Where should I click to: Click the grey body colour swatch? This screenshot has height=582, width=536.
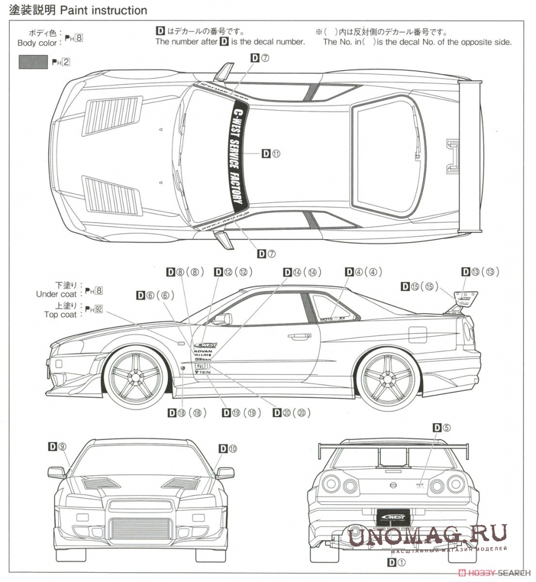(34, 62)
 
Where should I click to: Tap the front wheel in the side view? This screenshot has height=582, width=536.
(136, 377)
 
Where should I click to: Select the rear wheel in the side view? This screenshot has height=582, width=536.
(387, 377)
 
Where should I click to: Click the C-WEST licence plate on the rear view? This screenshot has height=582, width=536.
(393, 515)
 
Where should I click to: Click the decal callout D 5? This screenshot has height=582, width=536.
(442, 427)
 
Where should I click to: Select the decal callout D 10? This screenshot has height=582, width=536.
(228, 449)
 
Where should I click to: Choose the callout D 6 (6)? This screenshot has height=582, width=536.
(154, 295)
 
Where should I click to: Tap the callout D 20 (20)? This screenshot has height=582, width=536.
(292, 413)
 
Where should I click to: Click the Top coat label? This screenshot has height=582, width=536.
(60, 314)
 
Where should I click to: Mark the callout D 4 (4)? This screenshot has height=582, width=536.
(364, 272)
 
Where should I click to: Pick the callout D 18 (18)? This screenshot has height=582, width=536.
(187, 413)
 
